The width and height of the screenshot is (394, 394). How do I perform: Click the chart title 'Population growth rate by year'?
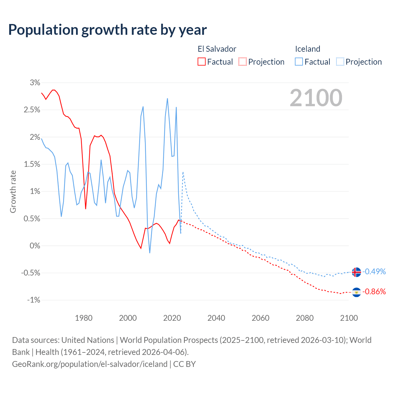(x=107, y=30)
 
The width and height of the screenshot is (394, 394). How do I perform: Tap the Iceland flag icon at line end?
(x=356, y=272)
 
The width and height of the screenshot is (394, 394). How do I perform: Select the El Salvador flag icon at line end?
(x=356, y=292)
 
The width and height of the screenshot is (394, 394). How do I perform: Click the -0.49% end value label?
(x=374, y=271)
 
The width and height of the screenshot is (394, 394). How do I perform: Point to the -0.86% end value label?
(x=374, y=291)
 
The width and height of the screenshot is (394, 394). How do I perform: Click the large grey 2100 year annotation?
(x=316, y=98)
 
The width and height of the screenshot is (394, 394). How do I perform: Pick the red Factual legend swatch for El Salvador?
(x=202, y=62)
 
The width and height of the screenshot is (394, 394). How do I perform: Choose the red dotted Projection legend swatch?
(x=243, y=62)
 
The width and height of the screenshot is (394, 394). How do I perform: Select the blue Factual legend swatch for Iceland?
(x=299, y=62)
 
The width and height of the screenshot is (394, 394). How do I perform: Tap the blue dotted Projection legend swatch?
(x=340, y=62)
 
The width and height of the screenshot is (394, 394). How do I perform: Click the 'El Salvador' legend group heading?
(x=217, y=49)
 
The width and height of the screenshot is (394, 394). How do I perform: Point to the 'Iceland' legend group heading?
(x=308, y=49)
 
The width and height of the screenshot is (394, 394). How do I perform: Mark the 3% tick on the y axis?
(x=35, y=82)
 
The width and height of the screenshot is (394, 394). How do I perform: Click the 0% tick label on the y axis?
(x=35, y=246)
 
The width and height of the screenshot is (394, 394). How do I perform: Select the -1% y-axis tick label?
(x=34, y=300)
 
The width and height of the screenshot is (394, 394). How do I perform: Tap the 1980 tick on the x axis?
(x=84, y=318)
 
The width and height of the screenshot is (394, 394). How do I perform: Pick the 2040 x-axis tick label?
(x=216, y=318)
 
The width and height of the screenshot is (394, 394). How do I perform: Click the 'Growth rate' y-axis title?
(x=13, y=191)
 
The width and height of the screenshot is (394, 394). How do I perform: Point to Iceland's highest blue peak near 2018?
(x=167, y=98)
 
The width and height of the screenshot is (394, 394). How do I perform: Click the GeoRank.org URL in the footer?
(x=90, y=364)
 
